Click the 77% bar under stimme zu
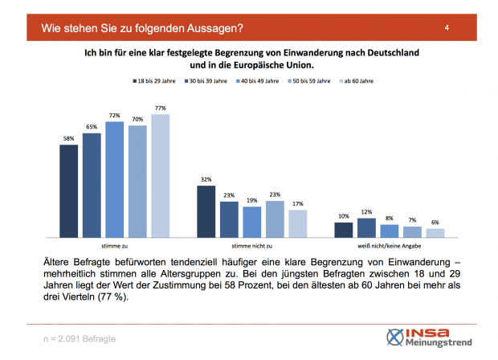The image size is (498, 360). pos(161,176)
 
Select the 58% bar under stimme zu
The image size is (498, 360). pos(69,191)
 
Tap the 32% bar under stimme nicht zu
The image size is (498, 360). pos(206,211)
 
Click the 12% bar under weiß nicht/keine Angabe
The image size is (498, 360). pos(366,228)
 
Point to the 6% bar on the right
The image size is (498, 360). pos(435,233)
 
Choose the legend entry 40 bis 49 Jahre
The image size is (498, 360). pos(264,80)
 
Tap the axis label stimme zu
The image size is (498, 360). pos(114,247)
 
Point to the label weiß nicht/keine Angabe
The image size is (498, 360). pos(390,247)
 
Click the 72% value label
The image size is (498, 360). pos(115,117)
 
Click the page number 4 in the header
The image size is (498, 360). pos(446,29)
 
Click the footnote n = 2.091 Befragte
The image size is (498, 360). pos(78,339)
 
